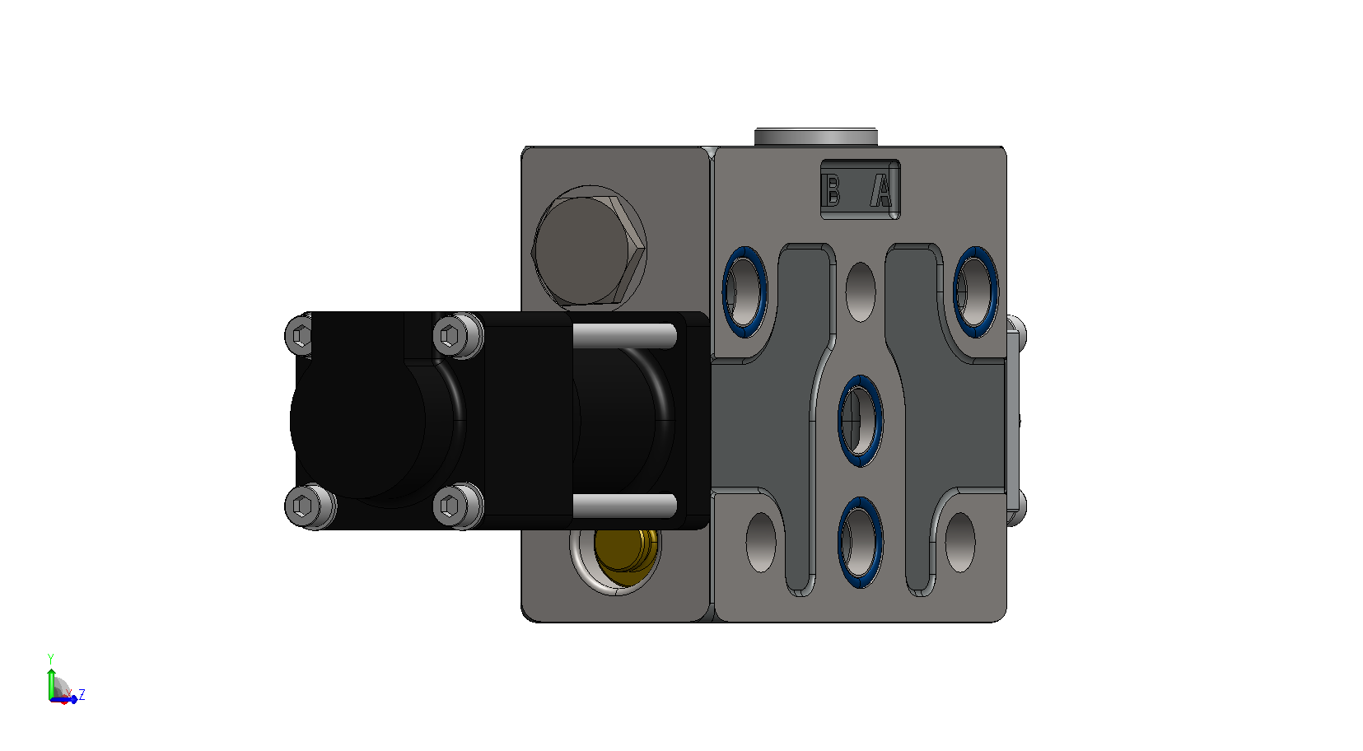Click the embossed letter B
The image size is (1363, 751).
click(831, 190)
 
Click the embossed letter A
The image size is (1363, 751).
click(881, 190)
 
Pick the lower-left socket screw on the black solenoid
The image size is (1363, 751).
click(310, 506)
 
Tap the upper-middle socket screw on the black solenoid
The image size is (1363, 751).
click(458, 335)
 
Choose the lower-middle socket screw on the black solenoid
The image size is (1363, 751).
click(458, 505)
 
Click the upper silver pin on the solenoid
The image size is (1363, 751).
click(624, 336)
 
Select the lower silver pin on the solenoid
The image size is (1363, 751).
click(624, 506)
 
